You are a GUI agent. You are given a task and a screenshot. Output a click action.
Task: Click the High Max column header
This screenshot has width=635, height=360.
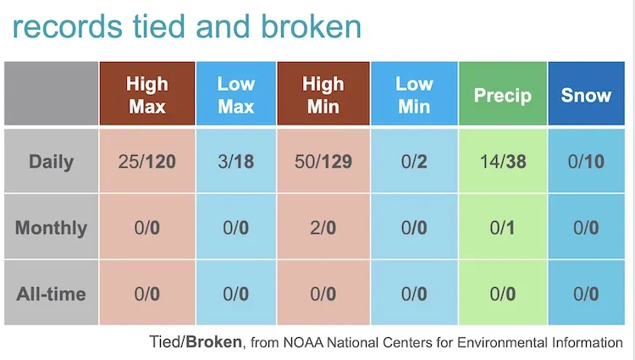point(147,95)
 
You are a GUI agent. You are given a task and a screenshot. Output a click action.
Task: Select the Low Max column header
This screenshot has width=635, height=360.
point(236,95)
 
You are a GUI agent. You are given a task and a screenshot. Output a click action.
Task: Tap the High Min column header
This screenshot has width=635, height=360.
point(324,95)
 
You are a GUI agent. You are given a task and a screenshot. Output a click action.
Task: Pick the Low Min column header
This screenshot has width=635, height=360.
point(414,95)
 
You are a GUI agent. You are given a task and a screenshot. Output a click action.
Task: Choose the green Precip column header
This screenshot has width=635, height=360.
point(503,95)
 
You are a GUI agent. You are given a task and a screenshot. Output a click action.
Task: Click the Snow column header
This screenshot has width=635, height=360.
point(586,95)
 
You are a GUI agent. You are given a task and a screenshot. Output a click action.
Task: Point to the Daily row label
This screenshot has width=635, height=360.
point(51,161)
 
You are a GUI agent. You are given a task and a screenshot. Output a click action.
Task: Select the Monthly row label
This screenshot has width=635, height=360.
point(51,228)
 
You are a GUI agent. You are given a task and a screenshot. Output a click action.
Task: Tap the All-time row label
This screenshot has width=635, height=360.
point(51,294)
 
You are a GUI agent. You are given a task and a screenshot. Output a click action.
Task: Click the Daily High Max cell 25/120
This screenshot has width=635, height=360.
point(147,161)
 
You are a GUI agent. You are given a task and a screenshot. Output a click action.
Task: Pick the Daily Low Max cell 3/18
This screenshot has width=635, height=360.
point(236,161)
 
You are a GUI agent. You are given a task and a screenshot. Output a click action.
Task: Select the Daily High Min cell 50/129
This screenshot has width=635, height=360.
point(324,161)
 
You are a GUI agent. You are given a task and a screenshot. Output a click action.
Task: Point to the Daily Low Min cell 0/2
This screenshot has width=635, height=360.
point(414,161)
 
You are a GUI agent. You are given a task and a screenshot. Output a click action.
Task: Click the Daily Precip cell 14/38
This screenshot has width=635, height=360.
point(503,161)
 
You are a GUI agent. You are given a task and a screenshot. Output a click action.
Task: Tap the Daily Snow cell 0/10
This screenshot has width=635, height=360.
point(586,161)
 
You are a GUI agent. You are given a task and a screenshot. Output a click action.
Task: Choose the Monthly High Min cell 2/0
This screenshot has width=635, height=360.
point(324,228)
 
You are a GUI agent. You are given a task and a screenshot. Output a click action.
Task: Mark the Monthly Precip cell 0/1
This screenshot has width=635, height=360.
point(503,228)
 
